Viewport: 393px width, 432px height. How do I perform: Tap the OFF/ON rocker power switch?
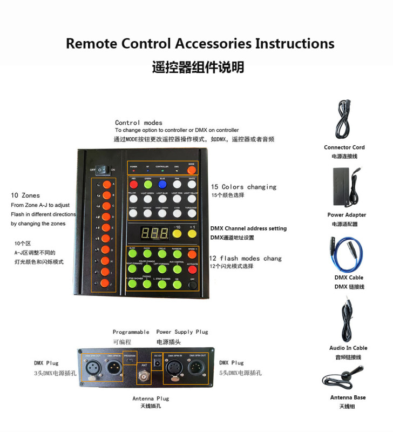[103, 169]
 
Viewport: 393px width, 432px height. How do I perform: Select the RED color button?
[133, 185]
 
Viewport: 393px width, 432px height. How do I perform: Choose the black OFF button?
[192, 284]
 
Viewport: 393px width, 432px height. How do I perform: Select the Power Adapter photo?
[348, 186]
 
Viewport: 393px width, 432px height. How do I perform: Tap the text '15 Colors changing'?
[243, 187]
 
